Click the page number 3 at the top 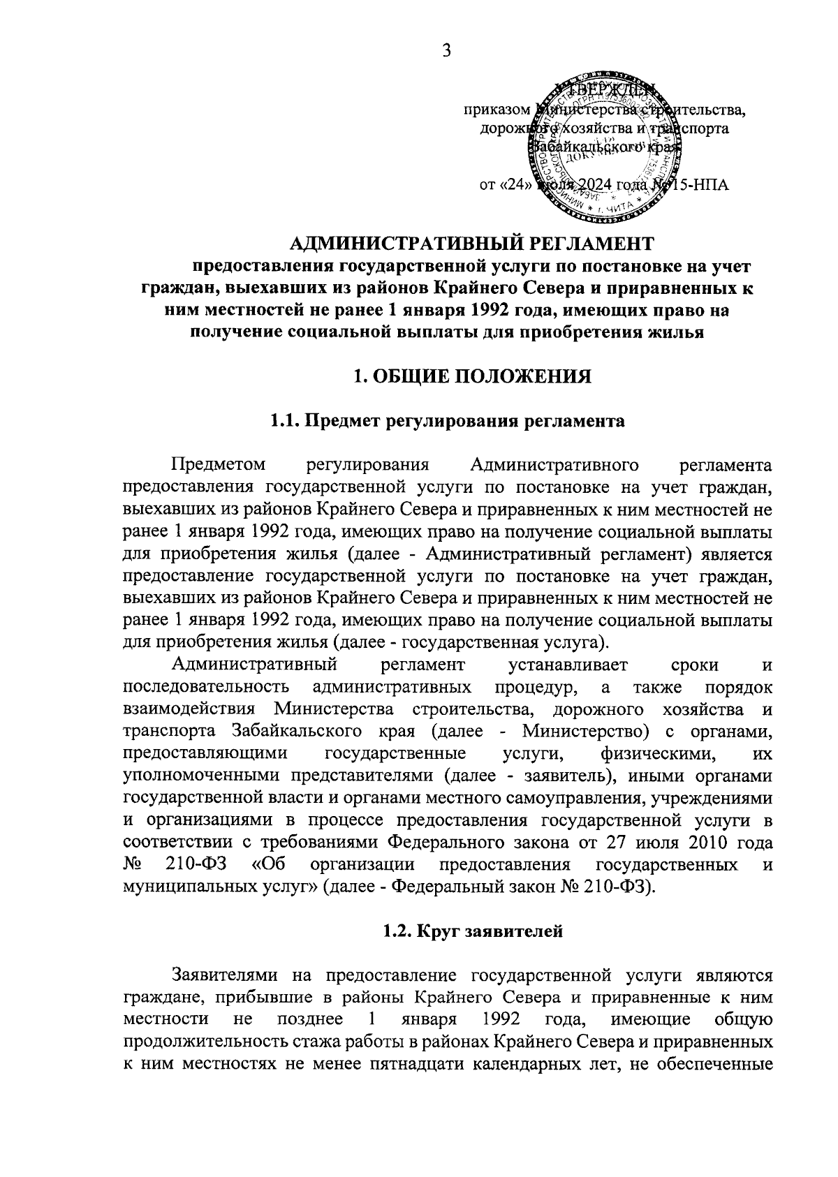point(448,50)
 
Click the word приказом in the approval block point(495,110)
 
